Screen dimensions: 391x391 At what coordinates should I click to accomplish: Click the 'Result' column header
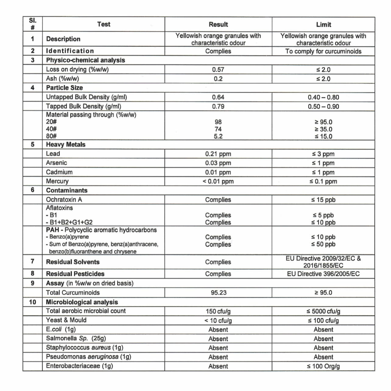coord(218,24)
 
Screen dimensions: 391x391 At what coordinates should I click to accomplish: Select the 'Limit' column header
coord(323,24)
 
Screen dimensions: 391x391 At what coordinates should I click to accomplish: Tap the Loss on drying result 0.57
coord(218,69)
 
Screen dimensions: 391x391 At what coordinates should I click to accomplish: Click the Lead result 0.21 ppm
coord(218,154)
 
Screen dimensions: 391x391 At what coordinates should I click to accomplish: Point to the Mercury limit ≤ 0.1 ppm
coord(323,181)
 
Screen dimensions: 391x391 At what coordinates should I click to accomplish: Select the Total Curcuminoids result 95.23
coord(218,293)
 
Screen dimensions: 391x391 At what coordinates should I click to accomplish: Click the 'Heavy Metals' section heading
coord(65,145)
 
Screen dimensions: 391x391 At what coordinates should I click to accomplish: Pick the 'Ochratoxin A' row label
coord(64,200)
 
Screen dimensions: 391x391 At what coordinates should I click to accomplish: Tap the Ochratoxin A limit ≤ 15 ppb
coord(323,200)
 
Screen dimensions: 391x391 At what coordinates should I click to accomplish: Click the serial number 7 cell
coord(33,262)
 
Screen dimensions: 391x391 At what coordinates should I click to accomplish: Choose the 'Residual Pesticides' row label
coord(75,274)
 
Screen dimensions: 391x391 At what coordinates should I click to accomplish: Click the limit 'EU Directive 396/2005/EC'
coord(323,274)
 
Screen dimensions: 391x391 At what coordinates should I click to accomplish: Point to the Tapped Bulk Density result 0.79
coord(218,106)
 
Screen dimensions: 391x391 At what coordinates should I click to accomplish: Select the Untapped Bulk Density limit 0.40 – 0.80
coord(323,97)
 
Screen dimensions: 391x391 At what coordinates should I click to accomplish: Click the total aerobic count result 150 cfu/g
coord(218,311)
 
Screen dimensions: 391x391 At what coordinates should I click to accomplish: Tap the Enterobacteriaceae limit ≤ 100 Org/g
coord(323,366)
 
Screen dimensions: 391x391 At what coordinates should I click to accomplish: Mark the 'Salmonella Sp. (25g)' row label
coord(76,338)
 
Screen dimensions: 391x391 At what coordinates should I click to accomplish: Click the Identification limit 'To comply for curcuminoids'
coord(323,51)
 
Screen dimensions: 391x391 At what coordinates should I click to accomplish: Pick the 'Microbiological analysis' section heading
coord(82,302)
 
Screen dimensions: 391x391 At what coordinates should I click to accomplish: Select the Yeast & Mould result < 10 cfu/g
coord(218,320)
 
